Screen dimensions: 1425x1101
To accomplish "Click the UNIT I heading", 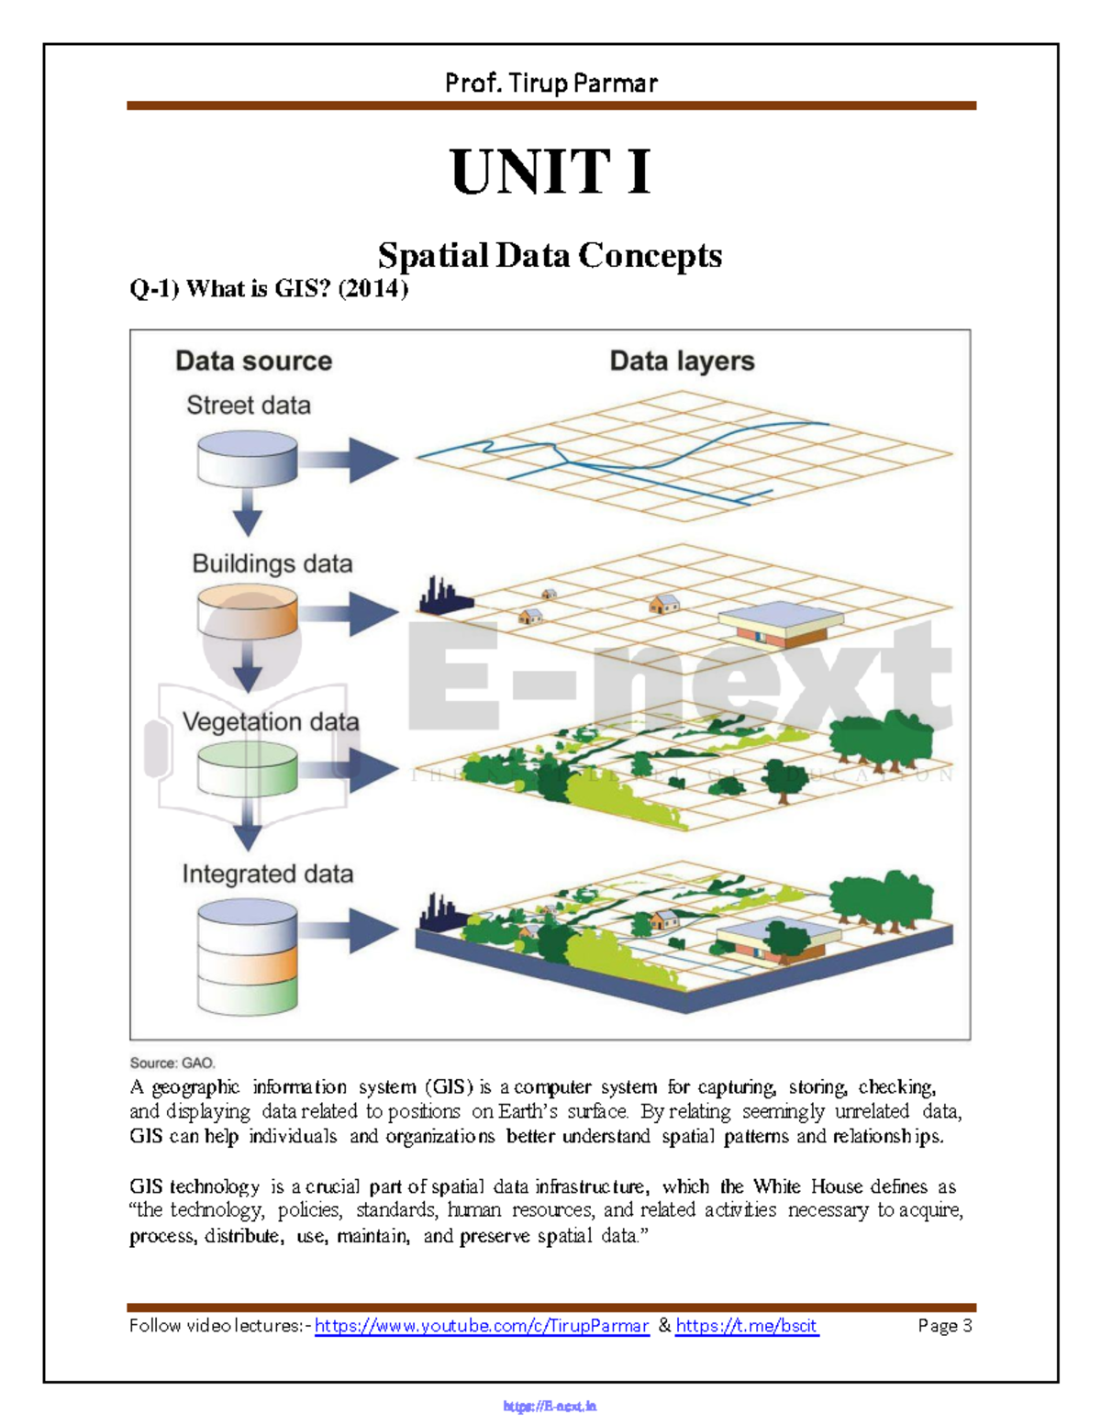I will pos(550,172).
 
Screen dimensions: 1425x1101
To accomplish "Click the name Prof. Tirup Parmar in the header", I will pos(550,83).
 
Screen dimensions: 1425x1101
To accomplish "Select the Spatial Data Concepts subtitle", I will pos(550,255).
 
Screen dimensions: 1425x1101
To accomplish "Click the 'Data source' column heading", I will pos(253,361).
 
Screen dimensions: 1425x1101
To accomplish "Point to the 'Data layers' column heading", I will pos(682,361).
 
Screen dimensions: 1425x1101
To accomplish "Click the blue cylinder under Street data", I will pos(248,459).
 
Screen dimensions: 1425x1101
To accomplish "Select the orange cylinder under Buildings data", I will pos(248,612).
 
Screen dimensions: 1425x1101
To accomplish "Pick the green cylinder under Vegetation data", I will pos(248,768).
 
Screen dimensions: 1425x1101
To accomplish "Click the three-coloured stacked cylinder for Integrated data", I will pos(248,956).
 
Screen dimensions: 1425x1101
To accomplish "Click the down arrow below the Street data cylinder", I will pos(248,512).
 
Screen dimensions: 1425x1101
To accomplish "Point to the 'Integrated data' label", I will pos(267,874).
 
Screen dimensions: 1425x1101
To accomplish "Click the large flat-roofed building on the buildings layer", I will pos(780,624).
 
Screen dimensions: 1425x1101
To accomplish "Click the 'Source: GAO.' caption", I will pos(172,1063).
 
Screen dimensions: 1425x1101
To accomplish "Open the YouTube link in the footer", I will pos(482,1326).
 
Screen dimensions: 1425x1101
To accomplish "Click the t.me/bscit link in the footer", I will pos(746,1326).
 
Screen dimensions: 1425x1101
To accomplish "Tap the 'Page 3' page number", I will pos(944,1326).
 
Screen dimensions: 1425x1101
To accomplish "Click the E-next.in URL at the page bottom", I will pos(550,1406).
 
